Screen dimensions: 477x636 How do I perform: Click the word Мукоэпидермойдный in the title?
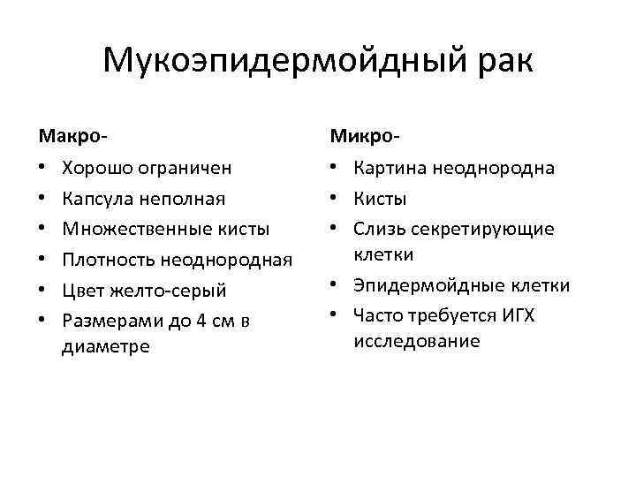(x=281, y=62)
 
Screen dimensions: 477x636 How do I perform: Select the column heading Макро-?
(x=73, y=136)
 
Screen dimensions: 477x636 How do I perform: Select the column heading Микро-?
(x=365, y=136)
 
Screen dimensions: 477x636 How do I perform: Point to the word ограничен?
(x=187, y=168)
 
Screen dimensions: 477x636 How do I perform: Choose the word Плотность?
(x=106, y=260)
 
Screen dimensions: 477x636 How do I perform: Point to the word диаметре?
(x=106, y=346)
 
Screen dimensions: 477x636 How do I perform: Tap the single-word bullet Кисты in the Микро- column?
(x=381, y=199)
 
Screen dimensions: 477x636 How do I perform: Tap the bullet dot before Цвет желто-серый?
(x=42, y=291)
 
